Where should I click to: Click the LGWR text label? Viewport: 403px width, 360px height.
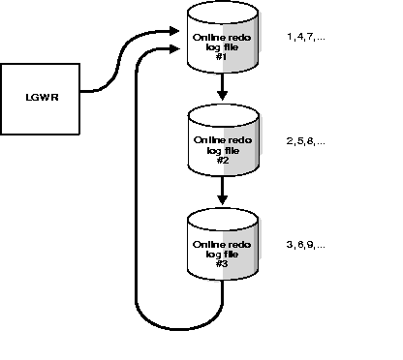pos(39,97)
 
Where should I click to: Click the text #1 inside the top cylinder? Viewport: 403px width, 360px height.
pos(223,56)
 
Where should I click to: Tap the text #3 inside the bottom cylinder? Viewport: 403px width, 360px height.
pos(223,263)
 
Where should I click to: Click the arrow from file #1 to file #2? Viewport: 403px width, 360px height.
pos(223,90)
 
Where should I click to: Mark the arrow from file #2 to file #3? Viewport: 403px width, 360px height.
pos(223,194)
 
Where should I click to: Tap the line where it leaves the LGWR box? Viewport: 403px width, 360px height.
pos(83,92)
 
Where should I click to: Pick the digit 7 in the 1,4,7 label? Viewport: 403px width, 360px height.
pos(313,37)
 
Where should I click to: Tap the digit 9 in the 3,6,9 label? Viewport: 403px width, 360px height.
pos(313,245)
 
